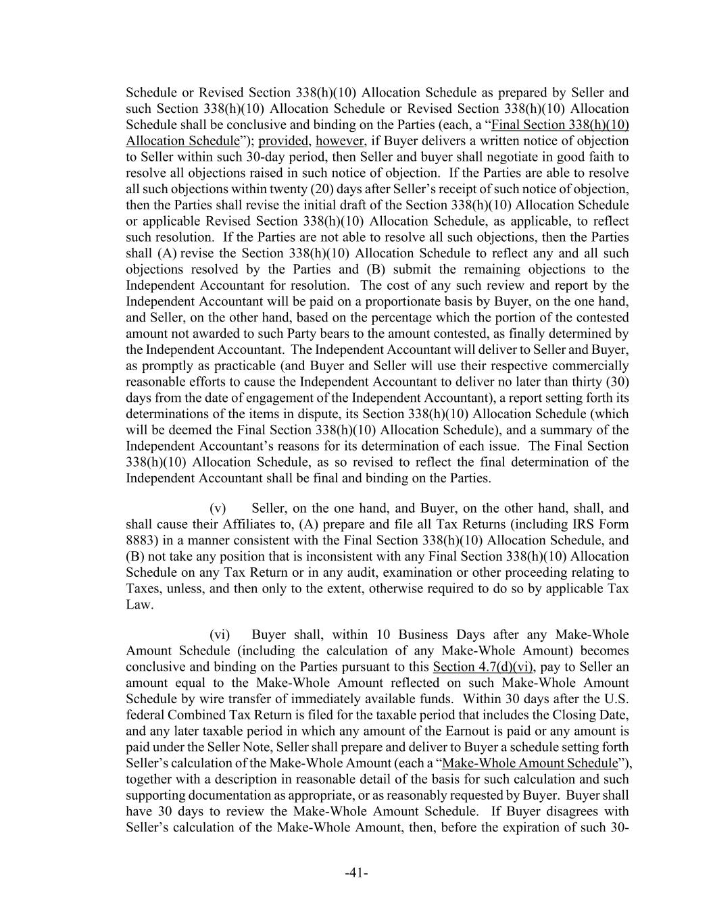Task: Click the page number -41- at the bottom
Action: pos(356,873)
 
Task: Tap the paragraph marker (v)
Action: pos(218,508)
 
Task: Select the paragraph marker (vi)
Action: pos(220,634)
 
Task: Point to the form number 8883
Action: pos(139,540)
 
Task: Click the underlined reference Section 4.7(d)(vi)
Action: pos(483,667)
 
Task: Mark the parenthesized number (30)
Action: pos(616,382)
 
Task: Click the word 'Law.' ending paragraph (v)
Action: pos(139,605)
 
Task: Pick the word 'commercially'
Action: pos(593,365)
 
